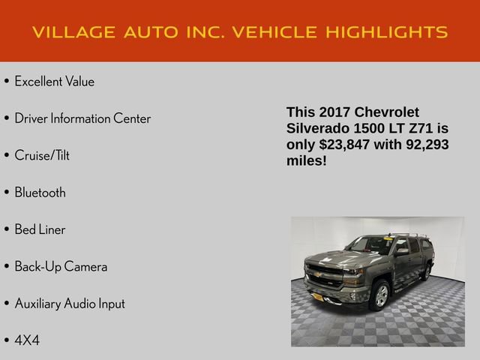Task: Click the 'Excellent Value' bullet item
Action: tap(54, 82)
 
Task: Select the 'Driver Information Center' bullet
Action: tap(82, 118)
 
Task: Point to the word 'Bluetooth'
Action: tap(40, 193)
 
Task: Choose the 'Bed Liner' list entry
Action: tap(40, 229)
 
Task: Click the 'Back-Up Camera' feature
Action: tap(61, 267)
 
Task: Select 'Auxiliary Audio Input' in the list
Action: tap(70, 304)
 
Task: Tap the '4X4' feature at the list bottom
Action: tap(27, 340)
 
